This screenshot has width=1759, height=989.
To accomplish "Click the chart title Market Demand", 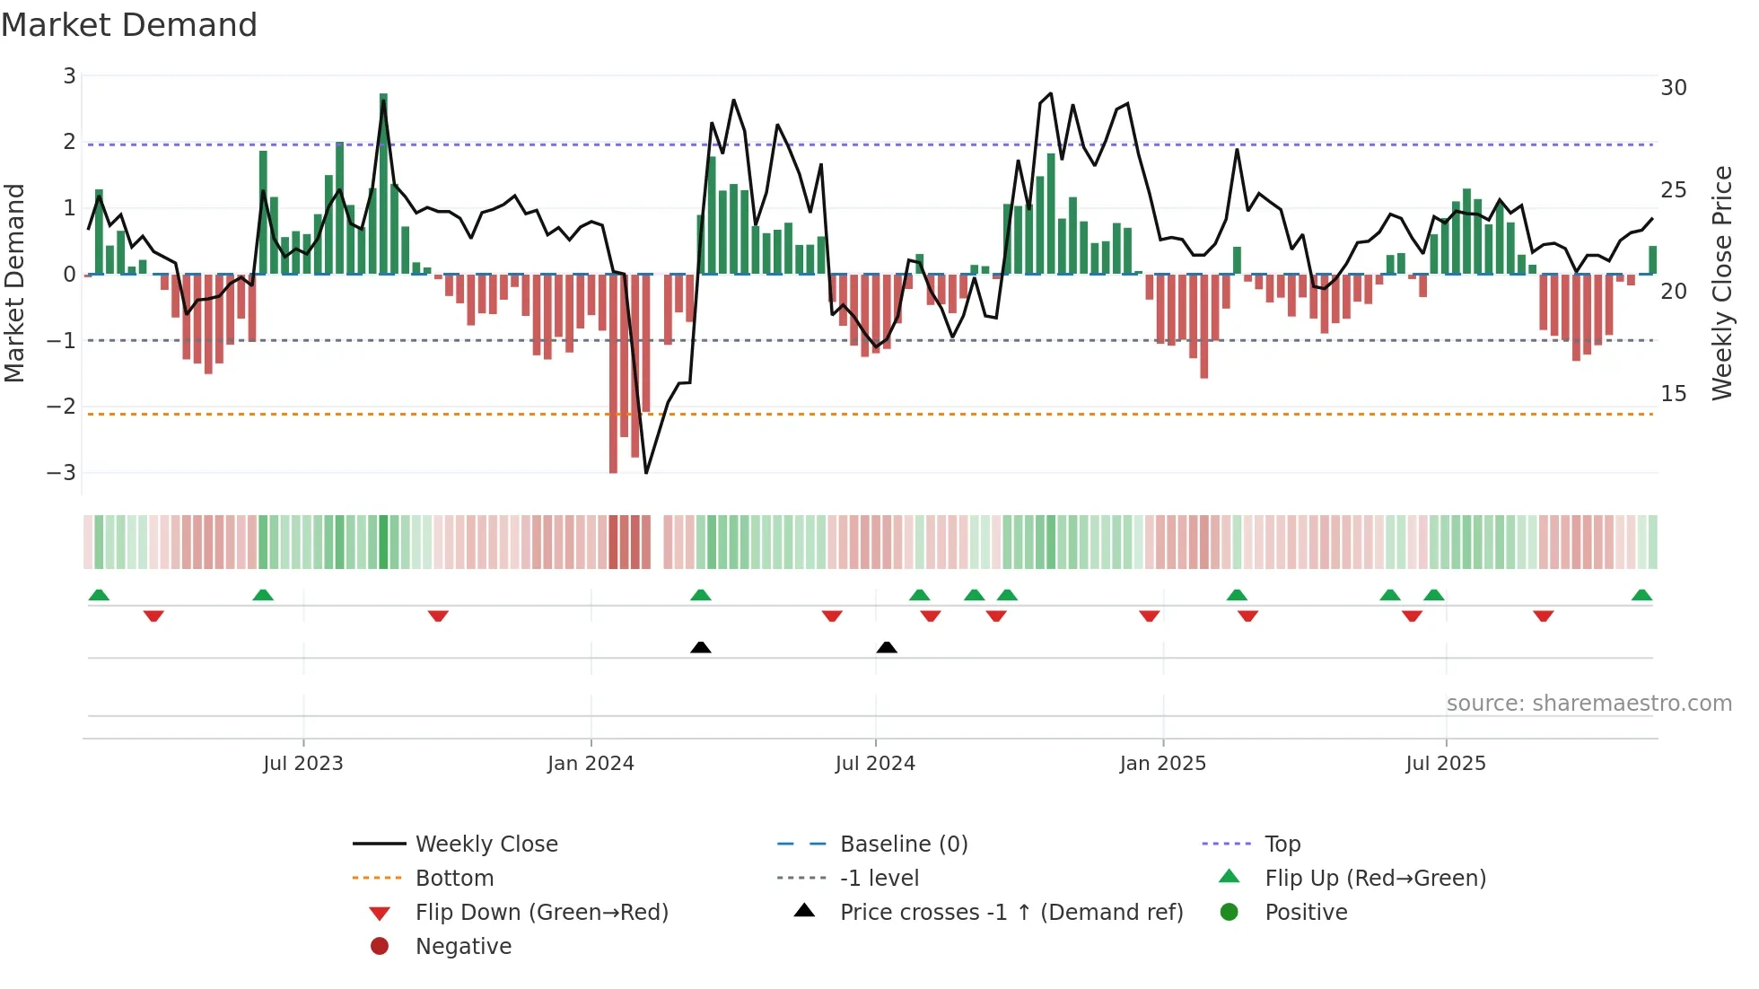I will click(x=129, y=25).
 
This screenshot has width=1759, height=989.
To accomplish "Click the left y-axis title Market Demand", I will click(x=15, y=283).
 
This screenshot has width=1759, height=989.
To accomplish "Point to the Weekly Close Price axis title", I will click(x=1721, y=283).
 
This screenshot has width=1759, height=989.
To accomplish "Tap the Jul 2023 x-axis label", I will click(x=302, y=764).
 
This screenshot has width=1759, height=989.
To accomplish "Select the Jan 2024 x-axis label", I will click(x=591, y=764).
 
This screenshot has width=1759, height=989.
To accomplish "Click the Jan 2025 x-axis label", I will click(x=1162, y=764).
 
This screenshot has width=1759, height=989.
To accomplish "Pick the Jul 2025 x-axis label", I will click(x=1445, y=764).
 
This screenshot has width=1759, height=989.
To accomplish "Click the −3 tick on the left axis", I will click(x=61, y=473).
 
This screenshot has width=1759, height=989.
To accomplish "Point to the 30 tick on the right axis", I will click(x=1673, y=88).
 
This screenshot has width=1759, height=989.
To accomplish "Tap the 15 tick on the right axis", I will click(x=1673, y=394).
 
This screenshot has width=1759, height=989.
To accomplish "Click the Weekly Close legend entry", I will click(x=486, y=845).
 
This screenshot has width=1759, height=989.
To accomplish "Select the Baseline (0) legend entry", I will click(x=903, y=845).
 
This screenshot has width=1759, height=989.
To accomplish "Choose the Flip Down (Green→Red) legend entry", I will click(x=541, y=913).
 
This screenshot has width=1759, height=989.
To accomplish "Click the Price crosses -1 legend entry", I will click(x=1011, y=913).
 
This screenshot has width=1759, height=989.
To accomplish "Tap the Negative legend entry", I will click(x=463, y=947).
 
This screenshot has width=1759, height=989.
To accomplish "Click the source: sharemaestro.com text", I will click(x=1588, y=704).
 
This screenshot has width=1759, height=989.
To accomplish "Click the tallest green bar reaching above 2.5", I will click(x=383, y=179).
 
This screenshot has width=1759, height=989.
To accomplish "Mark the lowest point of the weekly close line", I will click(x=646, y=472).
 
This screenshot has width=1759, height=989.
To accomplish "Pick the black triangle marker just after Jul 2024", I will click(x=887, y=647).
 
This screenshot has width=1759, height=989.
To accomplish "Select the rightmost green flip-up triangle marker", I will click(x=1641, y=595).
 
